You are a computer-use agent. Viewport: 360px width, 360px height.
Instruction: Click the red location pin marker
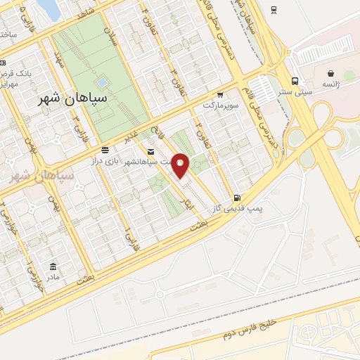[181, 166]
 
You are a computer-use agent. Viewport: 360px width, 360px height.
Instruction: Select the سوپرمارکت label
[222, 105]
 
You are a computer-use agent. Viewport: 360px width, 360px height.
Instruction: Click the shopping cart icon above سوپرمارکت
[220, 94]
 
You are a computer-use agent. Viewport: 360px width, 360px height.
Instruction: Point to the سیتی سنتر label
[294, 91]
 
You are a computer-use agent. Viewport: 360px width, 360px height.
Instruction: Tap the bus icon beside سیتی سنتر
[294, 80]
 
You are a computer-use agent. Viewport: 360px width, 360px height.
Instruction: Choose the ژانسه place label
[330, 84]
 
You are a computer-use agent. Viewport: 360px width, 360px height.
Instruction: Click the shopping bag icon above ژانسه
[330, 73]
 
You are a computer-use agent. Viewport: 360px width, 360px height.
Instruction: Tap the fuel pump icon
[236, 198]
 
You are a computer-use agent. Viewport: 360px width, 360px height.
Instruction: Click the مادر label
[53, 276]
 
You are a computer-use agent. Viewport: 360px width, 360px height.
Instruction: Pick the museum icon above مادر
[53, 266]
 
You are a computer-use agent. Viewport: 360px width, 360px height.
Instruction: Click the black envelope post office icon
[150, 151]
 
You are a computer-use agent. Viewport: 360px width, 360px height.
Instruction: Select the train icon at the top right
[273, 10]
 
